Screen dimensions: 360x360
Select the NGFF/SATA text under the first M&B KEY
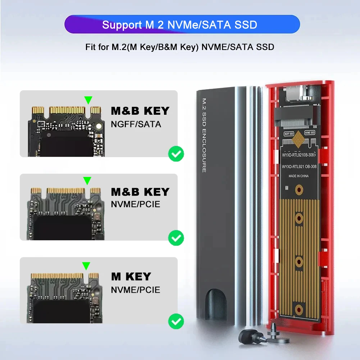tap(136, 124)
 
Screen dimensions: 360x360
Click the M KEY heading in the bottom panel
tap(131, 277)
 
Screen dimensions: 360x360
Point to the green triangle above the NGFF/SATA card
tap(88, 100)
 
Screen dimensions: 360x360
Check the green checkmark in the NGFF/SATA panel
tap(176, 154)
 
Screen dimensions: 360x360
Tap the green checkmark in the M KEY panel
tap(176, 321)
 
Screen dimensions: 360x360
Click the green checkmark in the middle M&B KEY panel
tap(176, 238)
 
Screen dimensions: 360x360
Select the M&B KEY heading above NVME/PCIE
tap(140, 192)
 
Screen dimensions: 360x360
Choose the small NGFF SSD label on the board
tap(289, 133)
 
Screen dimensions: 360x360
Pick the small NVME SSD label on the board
tap(309, 133)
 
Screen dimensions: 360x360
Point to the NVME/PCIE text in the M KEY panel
tap(135, 290)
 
